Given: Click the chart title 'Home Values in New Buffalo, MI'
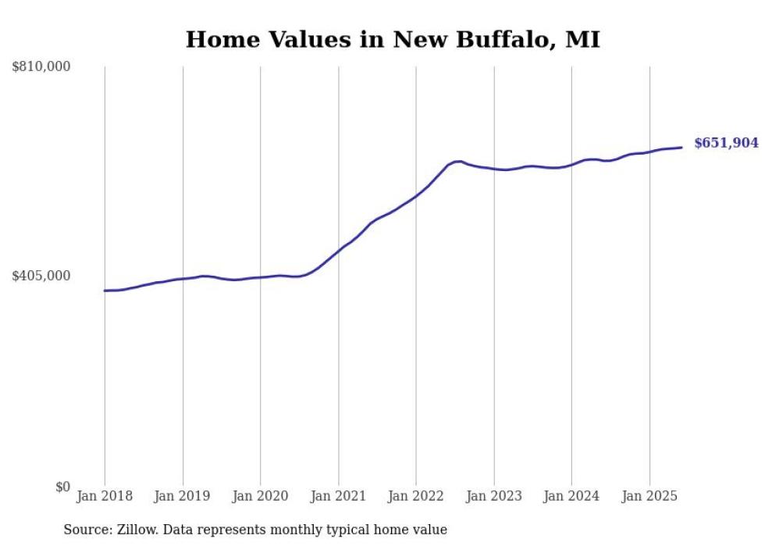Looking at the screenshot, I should coord(393,39).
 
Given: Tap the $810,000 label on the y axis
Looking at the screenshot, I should coord(41,66).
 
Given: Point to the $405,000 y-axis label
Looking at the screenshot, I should coord(41,276).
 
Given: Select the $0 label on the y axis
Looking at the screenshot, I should coord(62,486).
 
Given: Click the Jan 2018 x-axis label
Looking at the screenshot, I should coord(105,496).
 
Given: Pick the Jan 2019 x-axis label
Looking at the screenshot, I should coord(183,496).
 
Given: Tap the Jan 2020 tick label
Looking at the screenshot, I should coord(260,496).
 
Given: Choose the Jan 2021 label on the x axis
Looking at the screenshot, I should coord(338,496).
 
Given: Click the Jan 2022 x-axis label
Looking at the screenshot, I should coord(416,496).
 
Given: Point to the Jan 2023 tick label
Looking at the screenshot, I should coord(493,496).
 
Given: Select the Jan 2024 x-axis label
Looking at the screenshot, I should coord(571,496).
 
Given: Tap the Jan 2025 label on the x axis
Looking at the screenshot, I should coord(649,496).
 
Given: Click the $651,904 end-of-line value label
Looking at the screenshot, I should coord(726,143).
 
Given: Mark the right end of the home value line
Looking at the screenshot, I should coord(681,148).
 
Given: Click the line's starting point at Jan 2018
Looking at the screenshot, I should coord(105,291).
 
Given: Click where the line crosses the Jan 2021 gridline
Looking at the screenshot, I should coord(338,252).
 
